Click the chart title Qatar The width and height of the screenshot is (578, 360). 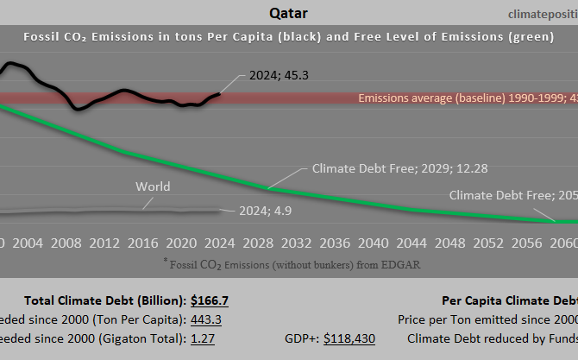coord(289,13)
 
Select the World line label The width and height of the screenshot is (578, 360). coord(153,186)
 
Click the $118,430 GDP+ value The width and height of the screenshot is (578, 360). coord(349,338)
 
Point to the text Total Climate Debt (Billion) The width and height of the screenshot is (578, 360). coord(104,301)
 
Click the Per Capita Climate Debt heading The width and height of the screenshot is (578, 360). coord(509,301)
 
